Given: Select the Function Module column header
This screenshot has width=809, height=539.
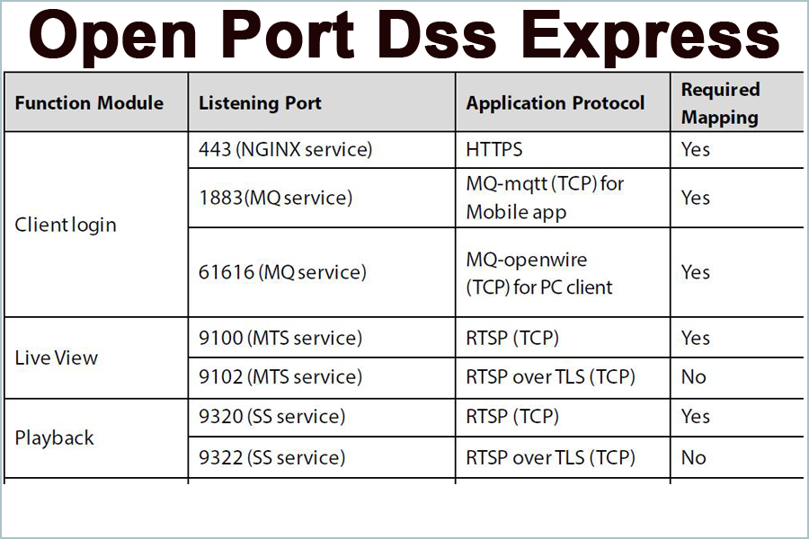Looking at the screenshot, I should pyautogui.click(x=89, y=102).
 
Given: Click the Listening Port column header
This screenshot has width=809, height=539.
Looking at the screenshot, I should pyautogui.click(x=260, y=102).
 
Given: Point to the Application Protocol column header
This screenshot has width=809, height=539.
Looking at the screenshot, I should pyautogui.click(x=555, y=102).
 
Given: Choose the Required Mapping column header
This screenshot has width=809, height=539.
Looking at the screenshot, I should pyautogui.click(x=720, y=102).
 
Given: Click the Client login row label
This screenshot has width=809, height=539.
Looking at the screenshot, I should pyautogui.click(x=66, y=225).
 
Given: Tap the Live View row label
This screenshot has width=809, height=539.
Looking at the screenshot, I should pyautogui.click(x=57, y=358).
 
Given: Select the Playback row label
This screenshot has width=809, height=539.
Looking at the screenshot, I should pyautogui.click(x=55, y=438).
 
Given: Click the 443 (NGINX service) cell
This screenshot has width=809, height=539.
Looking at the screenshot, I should pyautogui.click(x=285, y=149).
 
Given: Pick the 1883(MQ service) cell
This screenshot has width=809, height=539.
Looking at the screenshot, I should pyautogui.click(x=275, y=198).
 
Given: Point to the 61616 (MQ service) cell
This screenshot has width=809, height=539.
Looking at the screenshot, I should pyautogui.click(x=282, y=272).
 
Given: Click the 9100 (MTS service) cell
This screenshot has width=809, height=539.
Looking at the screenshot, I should pyautogui.click(x=280, y=338).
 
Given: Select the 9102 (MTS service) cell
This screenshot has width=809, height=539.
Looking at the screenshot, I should pyautogui.click(x=280, y=377).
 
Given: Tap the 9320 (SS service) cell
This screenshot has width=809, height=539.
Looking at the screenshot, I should pyautogui.click(x=271, y=417).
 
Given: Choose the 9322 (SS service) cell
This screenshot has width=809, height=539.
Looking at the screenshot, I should pyautogui.click(x=271, y=457).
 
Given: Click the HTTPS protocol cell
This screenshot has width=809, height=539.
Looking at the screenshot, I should pyautogui.click(x=494, y=149).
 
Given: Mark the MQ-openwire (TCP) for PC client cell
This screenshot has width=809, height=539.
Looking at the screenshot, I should pyautogui.click(x=538, y=273).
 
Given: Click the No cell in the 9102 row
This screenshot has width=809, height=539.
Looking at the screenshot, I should pyautogui.click(x=694, y=377).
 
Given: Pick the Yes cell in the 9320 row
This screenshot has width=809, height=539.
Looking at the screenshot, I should pyautogui.click(x=696, y=417).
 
